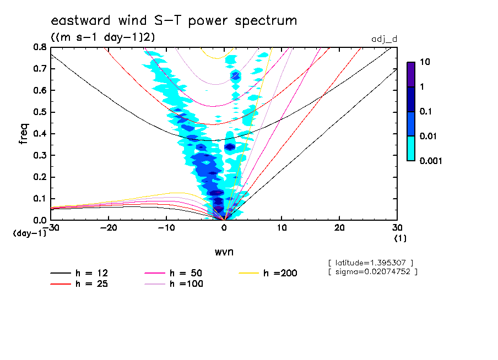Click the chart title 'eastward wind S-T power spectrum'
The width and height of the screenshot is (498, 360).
174,21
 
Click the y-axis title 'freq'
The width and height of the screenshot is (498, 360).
24,133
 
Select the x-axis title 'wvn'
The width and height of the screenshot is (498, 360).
224,252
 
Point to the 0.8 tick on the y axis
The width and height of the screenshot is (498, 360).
39,47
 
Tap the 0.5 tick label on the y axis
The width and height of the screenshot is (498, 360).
39,112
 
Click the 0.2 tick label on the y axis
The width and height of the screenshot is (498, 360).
39,177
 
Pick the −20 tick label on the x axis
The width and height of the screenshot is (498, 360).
109,228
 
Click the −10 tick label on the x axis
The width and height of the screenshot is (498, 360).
166,228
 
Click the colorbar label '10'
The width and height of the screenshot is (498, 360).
425,62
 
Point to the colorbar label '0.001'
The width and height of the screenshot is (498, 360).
431,161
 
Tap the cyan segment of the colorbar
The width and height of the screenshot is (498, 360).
411,148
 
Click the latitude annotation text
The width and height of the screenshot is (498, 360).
370,262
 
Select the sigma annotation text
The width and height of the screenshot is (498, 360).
372,271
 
